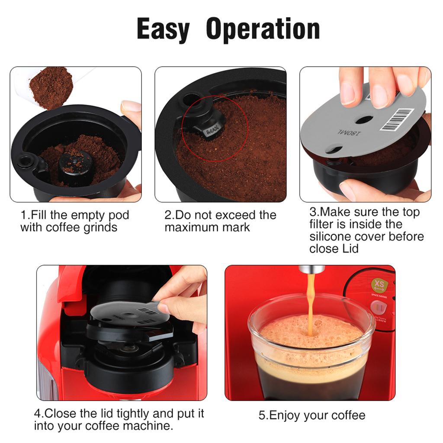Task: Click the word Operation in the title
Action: pyautogui.click(x=263, y=29)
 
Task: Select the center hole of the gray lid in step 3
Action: pyautogui.click(x=363, y=119)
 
